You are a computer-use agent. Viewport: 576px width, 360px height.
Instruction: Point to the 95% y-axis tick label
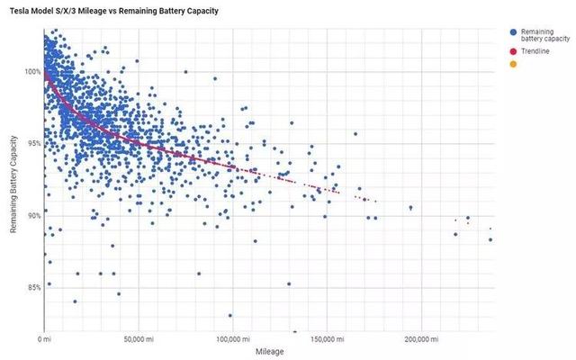31,143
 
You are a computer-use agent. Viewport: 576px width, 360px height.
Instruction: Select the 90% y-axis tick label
31,216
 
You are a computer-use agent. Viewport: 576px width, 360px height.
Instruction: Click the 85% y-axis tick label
31,288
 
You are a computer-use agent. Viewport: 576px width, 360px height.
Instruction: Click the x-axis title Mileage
269,352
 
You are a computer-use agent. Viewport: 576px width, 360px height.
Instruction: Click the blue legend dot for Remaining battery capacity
513,31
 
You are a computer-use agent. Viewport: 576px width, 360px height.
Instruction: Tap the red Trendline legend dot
513,52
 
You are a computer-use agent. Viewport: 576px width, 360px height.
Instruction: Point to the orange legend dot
513,64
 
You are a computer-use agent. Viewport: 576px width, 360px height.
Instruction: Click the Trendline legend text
536,52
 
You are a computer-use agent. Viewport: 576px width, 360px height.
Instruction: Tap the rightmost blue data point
490,239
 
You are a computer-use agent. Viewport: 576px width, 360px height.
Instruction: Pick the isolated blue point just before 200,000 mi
410,208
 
